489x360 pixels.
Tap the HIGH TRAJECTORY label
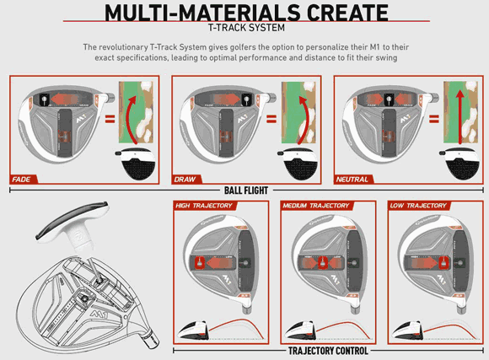tap(203, 206)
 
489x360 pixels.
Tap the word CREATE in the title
tap(346, 12)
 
